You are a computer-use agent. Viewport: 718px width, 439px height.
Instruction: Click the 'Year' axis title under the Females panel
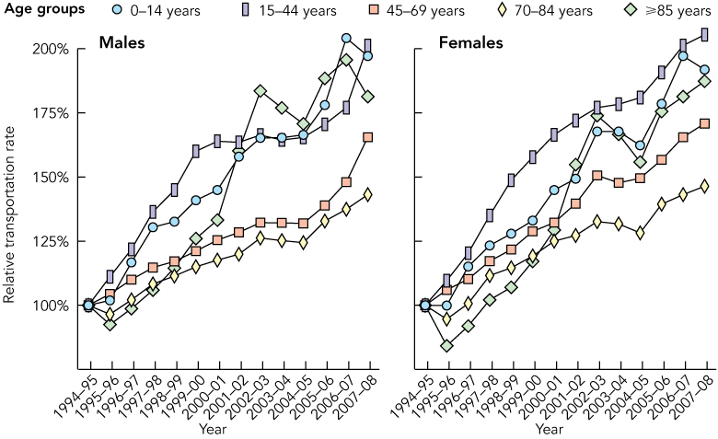pyautogui.click(x=550, y=429)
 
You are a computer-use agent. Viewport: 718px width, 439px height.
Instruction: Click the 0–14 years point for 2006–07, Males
pyautogui.click(x=346, y=39)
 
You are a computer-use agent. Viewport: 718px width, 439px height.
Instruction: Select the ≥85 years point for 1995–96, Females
pyautogui.click(x=447, y=346)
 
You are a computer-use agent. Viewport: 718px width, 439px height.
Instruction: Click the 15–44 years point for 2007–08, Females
pyautogui.click(x=704, y=34)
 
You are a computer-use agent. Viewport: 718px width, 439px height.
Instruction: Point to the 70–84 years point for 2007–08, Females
pyautogui.click(x=705, y=186)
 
